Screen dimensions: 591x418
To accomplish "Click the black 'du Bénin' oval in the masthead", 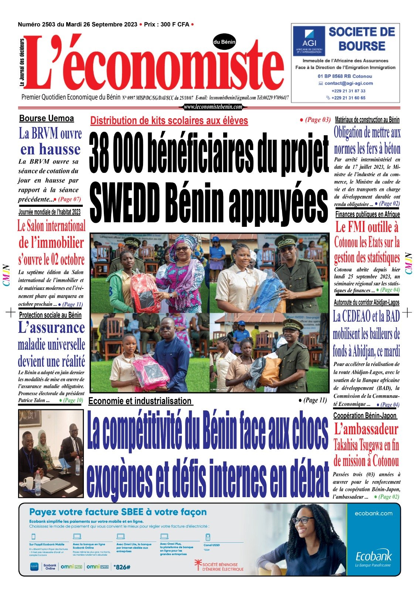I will pyautogui.click(x=224, y=42).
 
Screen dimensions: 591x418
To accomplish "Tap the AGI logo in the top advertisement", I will pyautogui.click(x=309, y=41).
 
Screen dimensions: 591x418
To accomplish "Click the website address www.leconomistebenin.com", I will pyautogui.click(x=213, y=107).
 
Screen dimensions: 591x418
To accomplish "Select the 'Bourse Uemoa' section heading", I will pyautogui.click(x=47, y=119).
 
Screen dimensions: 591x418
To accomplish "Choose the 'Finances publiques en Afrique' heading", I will pyautogui.click(x=367, y=214).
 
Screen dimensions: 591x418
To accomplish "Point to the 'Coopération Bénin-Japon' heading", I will pyautogui.click(x=365, y=416).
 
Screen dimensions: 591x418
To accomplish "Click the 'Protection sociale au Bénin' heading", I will pyautogui.click(x=50, y=315).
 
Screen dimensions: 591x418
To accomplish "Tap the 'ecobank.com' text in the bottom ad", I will pyautogui.click(x=373, y=513).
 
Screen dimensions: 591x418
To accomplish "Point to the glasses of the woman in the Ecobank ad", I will pyautogui.click(x=303, y=520).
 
